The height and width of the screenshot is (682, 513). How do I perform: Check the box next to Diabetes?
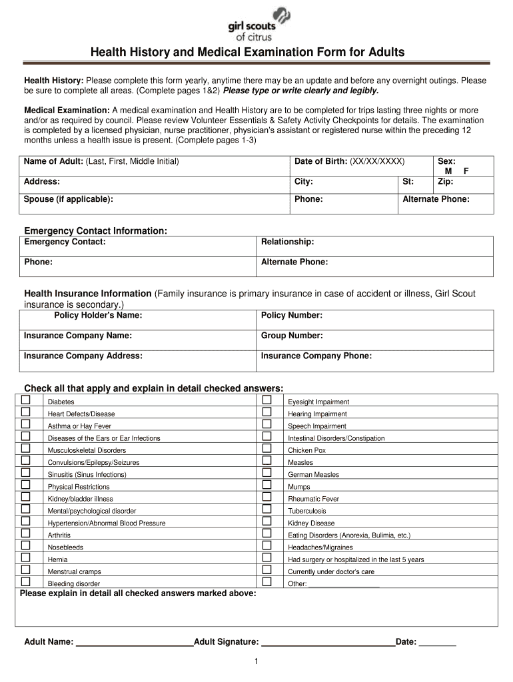[x=26, y=400]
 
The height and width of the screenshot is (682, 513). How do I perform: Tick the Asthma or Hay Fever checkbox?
[x=26, y=424]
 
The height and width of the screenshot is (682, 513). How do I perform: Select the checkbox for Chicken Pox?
[x=267, y=449]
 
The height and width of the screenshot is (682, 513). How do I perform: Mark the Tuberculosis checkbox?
[x=267, y=510]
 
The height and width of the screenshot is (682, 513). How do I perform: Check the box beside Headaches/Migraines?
[x=267, y=546]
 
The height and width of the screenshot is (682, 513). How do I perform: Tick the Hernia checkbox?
[x=26, y=558]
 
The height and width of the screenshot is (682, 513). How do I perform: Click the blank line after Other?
[x=344, y=584]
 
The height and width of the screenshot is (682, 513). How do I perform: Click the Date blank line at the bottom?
[x=437, y=643]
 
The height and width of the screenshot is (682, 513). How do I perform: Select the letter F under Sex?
[x=466, y=171]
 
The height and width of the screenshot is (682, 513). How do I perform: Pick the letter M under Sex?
[x=448, y=171]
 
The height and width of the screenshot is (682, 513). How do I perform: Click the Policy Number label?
[x=292, y=316]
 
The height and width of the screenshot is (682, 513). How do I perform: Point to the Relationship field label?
[x=287, y=242]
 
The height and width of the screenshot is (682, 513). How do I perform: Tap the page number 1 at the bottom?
[x=256, y=661]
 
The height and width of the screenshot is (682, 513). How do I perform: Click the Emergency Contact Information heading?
[x=95, y=230]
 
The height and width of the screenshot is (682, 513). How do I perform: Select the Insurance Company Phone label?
[x=316, y=356]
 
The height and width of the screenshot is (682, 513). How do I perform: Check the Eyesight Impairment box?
[x=267, y=400]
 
